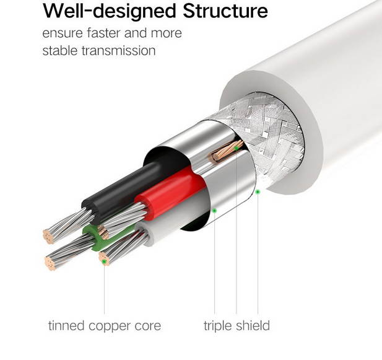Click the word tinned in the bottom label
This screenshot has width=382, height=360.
[66, 325]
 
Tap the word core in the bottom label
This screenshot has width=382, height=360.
[148, 325]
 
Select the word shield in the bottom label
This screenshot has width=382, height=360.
[252, 325]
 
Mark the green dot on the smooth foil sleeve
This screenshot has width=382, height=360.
[214, 210]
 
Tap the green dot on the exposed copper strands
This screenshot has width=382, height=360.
[236, 147]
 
